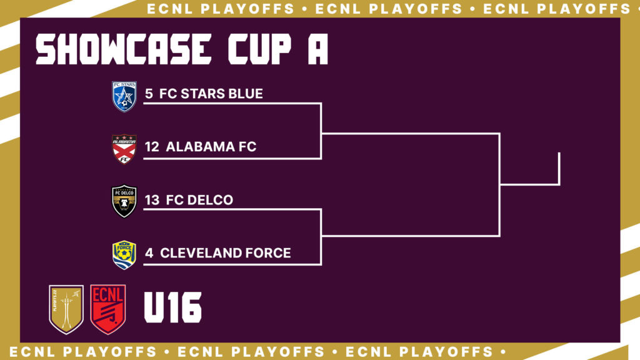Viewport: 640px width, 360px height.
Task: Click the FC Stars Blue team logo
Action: click(x=124, y=96)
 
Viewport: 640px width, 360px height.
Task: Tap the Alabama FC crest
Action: click(x=124, y=149)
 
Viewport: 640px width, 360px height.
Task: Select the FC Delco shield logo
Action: click(x=124, y=201)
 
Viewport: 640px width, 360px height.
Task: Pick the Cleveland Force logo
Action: click(x=124, y=255)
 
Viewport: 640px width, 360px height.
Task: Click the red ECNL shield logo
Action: click(x=107, y=309)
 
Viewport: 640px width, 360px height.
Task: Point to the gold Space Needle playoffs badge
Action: click(x=66, y=309)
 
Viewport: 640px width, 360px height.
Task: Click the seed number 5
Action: click(x=149, y=94)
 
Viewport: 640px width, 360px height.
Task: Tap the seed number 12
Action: click(x=152, y=146)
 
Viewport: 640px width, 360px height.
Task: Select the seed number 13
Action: click(x=152, y=199)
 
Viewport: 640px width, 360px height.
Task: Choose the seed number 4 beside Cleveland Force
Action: click(x=149, y=252)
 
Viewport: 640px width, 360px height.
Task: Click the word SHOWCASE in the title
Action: click(x=124, y=49)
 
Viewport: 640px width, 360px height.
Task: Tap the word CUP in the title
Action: click(x=259, y=49)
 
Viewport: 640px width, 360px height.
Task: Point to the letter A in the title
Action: click(x=318, y=49)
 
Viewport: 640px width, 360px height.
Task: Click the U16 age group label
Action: click(x=172, y=307)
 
